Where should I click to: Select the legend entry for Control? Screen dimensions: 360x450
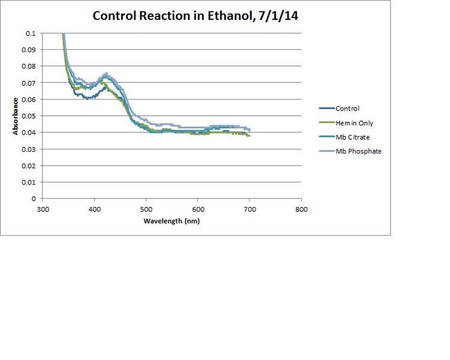pos(347,109)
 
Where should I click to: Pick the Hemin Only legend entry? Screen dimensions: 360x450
pos(354,123)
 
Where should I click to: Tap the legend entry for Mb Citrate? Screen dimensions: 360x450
pos(352,137)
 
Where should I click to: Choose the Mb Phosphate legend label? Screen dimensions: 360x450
pos(358,152)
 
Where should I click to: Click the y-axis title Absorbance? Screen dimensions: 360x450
pos(16,116)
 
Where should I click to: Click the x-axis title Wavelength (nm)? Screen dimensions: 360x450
pos(172,221)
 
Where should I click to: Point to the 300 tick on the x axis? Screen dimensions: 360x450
pos(43,209)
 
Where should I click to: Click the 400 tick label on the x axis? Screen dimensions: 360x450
pos(94,209)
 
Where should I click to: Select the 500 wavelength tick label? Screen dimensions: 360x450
pos(146,209)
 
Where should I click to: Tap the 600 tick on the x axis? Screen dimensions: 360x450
pos(198,209)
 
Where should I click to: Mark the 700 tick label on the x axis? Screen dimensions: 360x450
pos(250,209)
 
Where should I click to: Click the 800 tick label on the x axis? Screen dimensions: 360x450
pos(301,209)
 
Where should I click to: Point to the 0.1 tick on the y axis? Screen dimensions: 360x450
pos(31,34)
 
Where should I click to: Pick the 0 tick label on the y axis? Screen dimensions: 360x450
pos(34,199)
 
